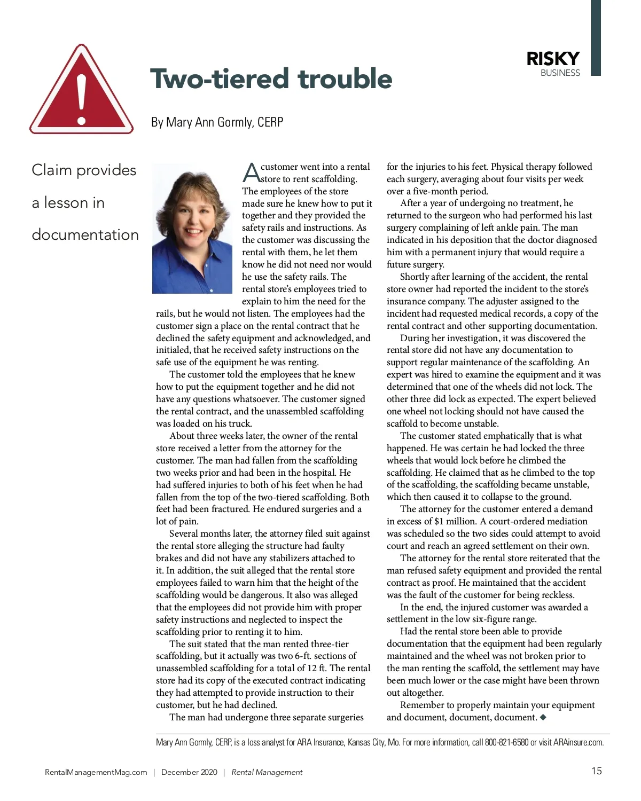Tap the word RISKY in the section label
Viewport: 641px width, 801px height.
coord(553,59)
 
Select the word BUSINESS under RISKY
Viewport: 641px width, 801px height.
coord(560,73)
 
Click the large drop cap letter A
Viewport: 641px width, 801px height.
coord(251,173)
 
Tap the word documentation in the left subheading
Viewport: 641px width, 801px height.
coord(85,234)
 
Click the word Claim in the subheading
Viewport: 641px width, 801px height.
coord(51,170)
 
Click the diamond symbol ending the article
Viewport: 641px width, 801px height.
coord(543,717)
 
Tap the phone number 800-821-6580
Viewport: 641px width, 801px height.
coord(506,742)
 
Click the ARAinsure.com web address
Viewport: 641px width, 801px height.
coord(579,742)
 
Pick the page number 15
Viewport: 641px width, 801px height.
coord(596,771)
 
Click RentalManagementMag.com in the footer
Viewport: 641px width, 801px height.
coord(96,772)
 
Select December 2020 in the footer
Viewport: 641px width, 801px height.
coord(189,772)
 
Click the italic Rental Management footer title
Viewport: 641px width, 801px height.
coord(267,772)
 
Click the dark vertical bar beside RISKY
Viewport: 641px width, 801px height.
coord(596,37)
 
